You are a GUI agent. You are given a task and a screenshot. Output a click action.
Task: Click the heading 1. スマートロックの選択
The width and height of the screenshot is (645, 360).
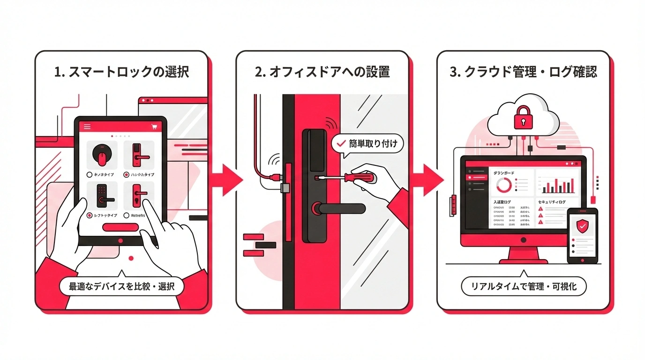(x=121, y=72)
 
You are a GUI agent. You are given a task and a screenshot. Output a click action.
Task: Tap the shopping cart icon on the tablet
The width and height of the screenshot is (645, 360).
(x=154, y=127)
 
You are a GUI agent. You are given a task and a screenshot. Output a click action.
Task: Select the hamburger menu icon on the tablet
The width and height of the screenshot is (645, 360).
(x=87, y=127)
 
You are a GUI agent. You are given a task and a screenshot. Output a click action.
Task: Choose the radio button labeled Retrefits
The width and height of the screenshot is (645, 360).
(x=127, y=215)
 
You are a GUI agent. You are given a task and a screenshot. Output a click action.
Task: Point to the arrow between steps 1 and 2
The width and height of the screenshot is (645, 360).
(x=226, y=180)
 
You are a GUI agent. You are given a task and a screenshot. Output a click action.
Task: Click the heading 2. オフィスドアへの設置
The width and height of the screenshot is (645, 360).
(x=322, y=72)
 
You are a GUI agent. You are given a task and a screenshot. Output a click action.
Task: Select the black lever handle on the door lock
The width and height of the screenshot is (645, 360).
(x=340, y=208)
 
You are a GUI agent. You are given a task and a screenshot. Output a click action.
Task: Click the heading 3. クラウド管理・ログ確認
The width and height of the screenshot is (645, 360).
(x=524, y=72)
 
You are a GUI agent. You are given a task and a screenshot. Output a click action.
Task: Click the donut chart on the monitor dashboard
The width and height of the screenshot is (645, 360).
(x=504, y=185)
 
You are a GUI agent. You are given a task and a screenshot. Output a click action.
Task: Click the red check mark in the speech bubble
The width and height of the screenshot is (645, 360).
(x=341, y=144)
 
